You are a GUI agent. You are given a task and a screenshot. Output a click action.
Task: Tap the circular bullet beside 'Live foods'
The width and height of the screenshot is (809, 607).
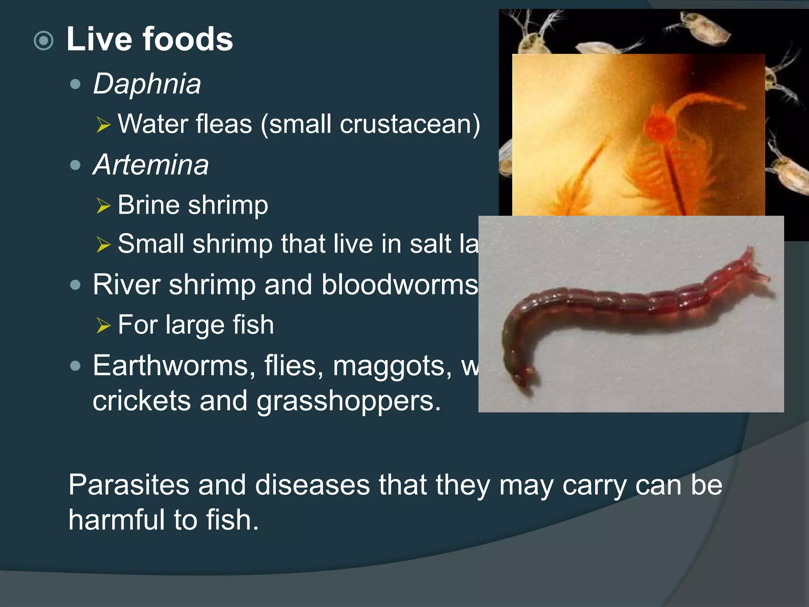coord(43,40)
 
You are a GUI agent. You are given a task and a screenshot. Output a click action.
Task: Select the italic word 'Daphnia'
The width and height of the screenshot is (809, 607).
coord(147,84)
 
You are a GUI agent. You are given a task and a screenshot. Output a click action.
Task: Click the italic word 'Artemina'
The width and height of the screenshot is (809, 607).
coord(151,164)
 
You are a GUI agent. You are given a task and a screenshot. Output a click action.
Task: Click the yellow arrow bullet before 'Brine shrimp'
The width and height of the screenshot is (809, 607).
coord(103,205)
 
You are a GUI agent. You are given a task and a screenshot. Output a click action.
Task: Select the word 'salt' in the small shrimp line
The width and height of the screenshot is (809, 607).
coord(430,243)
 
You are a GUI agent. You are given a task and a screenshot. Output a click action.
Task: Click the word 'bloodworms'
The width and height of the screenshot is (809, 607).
coord(399,285)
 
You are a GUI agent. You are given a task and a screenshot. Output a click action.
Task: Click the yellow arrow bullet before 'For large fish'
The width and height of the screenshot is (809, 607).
coord(103,325)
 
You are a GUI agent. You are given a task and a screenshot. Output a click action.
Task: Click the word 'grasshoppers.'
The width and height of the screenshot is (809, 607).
coord(348,401)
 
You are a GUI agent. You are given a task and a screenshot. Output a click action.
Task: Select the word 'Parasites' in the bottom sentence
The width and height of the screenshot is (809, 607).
coord(129,484)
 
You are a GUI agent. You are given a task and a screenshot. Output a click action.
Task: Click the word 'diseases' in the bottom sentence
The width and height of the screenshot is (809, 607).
coord(312,484)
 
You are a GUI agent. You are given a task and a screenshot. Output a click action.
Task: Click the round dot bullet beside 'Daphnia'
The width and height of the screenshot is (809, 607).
coord(75,84)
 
